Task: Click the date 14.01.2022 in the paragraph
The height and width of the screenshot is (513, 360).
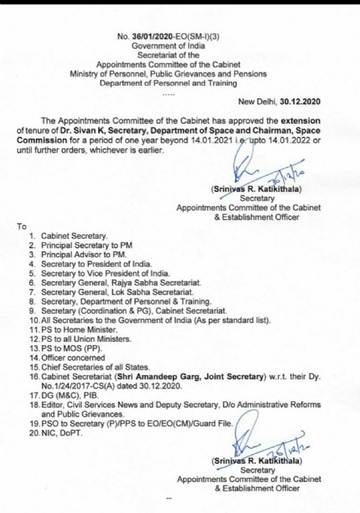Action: click(285, 140)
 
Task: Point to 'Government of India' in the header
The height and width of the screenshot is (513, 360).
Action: click(170, 45)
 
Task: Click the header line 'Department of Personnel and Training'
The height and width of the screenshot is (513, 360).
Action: click(170, 83)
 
